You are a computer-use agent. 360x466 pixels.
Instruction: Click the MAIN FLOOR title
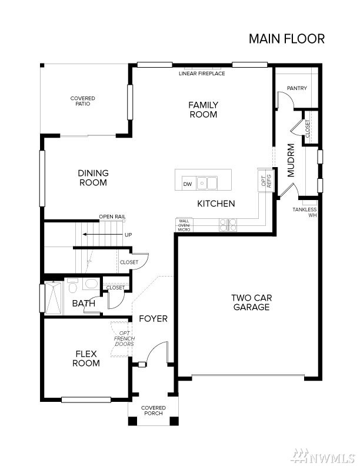click(x=286, y=39)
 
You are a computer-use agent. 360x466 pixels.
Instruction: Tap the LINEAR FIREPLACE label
click(x=202, y=74)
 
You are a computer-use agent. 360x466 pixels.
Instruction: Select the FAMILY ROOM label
click(x=203, y=109)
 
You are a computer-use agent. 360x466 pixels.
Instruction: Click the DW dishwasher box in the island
click(x=188, y=184)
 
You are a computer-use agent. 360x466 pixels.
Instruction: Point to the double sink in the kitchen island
click(x=207, y=183)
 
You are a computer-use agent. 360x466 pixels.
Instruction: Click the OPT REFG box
click(x=266, y=181)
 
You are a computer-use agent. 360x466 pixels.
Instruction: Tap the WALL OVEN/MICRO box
click(x=184, y=225)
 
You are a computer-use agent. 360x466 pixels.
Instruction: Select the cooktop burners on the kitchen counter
click(x=228, y=225)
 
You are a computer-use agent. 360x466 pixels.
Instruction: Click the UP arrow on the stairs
click(x=103, y=235)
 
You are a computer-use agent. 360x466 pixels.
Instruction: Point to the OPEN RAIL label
click(x=112, y=217)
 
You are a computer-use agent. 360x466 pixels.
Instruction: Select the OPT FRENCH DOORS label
click(x=124, y=338)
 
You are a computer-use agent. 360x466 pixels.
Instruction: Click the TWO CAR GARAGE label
click(x=251, y=302)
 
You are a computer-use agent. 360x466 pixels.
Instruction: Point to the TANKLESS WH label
click(x=305, y=212)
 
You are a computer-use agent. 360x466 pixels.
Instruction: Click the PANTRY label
click(x=296, y=88)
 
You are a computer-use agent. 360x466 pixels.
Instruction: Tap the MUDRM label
click(x=291, y=161)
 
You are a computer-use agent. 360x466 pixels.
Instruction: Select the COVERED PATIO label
click(x=82, y=101)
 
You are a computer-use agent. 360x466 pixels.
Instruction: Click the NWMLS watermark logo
click(x=323, y=455)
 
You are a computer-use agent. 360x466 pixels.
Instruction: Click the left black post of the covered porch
click(x=132, y=421)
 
